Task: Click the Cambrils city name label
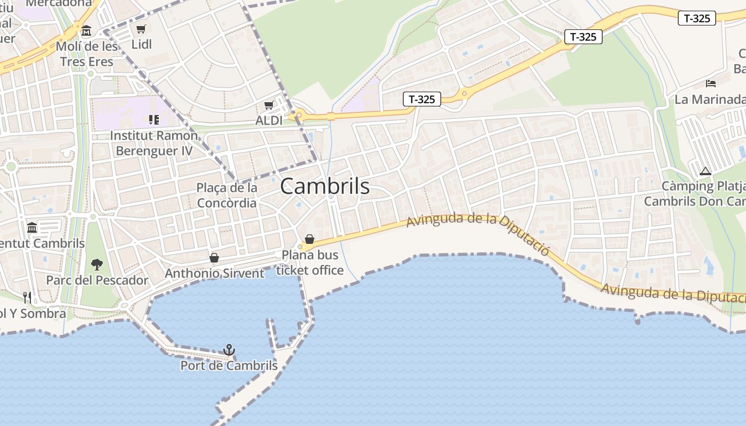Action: click(x=325, y=186)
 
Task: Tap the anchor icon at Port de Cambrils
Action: click(x=229, y=350)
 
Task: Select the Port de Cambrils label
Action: click(x=229, y=366)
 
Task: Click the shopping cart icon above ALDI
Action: click(x=269, y=105)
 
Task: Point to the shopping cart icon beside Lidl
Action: click(x=141, y=29)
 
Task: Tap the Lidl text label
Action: click(x=142, y=44)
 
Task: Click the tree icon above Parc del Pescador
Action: click(x=96, y=264)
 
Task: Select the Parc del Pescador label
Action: click(x=98, y=280)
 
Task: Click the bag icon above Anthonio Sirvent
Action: click(x=214, y=258)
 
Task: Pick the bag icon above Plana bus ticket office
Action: click(x=310, y=239)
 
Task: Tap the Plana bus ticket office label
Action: click(x=310, y=263)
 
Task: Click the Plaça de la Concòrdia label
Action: click(x=227, y=195)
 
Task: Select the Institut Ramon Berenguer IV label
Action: click(x=154, y=143)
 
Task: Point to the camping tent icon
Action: click(x=706, y=171)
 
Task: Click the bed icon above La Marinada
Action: click(x=711, y=83)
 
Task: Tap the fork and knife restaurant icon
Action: click(x=27, y=297)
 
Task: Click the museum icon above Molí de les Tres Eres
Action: click(x=86, y=30)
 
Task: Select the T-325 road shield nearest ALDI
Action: click(x=421, y=99)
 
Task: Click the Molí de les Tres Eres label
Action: click(x=87, y=54)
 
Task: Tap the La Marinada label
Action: click(x=710, y=100)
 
